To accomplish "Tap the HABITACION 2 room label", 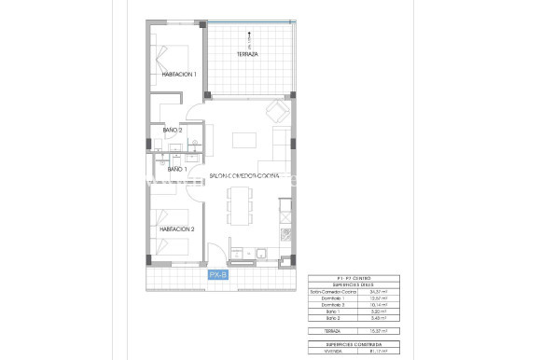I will click(176, 228).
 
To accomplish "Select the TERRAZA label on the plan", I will click(247, 54).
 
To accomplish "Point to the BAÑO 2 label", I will click(173, 130).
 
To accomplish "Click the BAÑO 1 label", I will click(177, 169).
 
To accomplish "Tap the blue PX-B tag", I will click(218, 274).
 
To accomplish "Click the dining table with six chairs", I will click(241, 203).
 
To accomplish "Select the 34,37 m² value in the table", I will click(381, 291).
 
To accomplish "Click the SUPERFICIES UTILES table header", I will click(354, 284).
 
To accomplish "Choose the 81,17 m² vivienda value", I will click(381, 351).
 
